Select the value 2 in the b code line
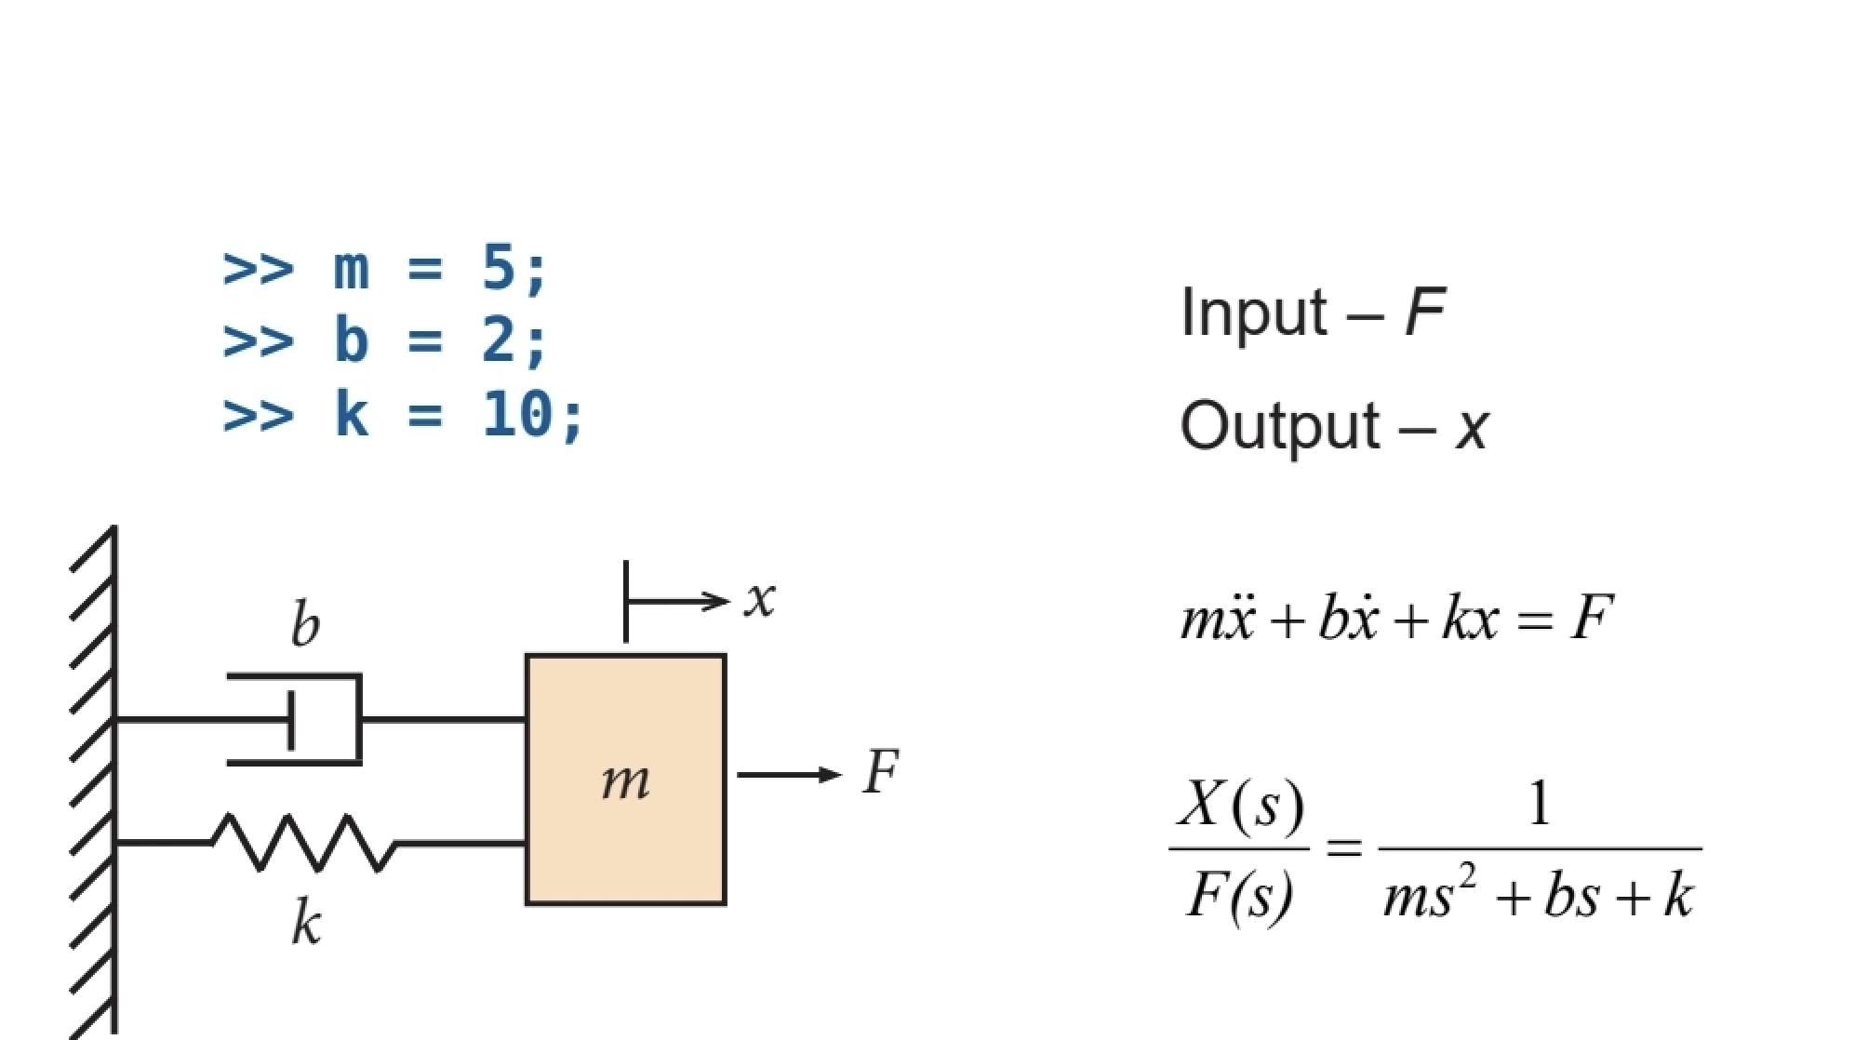pos(500,340)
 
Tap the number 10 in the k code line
pos(517,414)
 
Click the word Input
pos(1253,313)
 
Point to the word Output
pos(1279,427)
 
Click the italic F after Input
pos(1424,313)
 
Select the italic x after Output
pos(1473,430)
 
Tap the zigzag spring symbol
pos(303,843)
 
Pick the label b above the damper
pos(304,623)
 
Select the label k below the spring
pos(306,923)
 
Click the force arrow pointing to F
pos(788,775)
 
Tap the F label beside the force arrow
pos(879,772)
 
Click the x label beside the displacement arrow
pos(759,598)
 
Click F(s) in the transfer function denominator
pos(1239,897)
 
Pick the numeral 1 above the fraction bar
pos(1540,804)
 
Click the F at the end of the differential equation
pos(1591,618)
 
